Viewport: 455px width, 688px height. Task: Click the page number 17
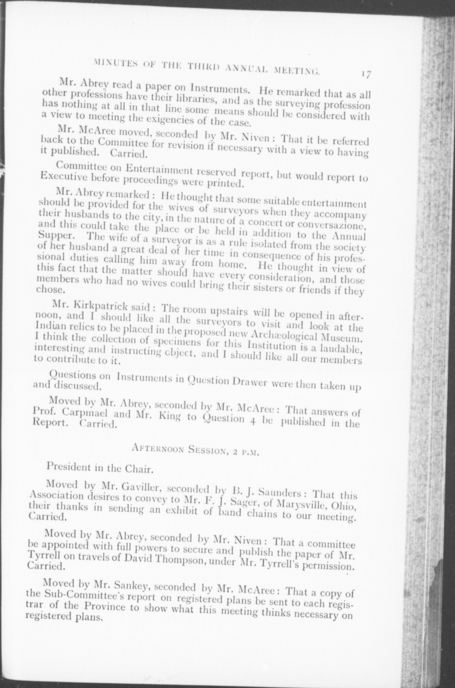click(x=367, y=75)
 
